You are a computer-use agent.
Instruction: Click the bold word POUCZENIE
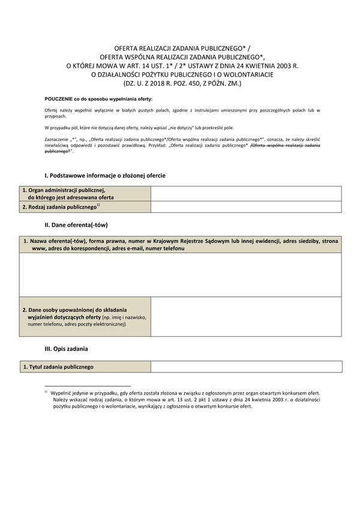[61, 97]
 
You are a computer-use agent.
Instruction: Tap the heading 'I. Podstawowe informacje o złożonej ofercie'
[105, 175]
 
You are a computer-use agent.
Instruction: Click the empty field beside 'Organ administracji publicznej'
[245, 193]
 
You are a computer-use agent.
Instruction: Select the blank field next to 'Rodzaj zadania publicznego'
[245, 207]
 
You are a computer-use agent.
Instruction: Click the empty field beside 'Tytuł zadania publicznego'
[245, 367]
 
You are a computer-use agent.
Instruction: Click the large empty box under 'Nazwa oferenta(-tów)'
[180, 276]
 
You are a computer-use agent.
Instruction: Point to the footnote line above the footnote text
[87, 386]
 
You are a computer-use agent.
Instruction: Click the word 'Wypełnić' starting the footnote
[62, 392]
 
